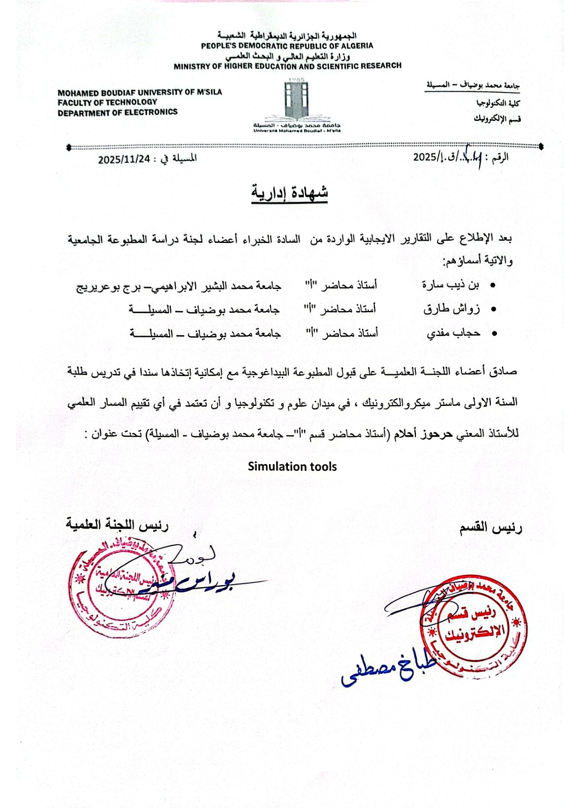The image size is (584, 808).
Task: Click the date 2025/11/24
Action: (124, 159)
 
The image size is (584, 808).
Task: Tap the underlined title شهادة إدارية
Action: (290, 193)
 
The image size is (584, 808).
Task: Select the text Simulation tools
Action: (292, 466)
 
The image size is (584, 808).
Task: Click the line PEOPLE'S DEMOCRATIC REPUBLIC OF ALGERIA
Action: (287, 46)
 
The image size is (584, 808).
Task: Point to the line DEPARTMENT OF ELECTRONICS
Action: (118, 112)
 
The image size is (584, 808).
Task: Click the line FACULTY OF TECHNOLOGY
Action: (108, 102)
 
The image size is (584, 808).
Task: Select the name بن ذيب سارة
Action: (450, 285)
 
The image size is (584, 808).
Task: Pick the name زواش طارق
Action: (451, 309)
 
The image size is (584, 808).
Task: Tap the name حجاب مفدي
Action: (453, 333)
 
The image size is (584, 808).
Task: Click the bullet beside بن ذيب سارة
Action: (492, 286)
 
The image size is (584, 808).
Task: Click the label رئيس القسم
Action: (490, 528)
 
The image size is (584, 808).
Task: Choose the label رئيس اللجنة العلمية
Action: (117, 524)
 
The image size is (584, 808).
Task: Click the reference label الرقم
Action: (500, 157)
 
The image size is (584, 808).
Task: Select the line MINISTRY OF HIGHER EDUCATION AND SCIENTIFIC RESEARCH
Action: (287, 66)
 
